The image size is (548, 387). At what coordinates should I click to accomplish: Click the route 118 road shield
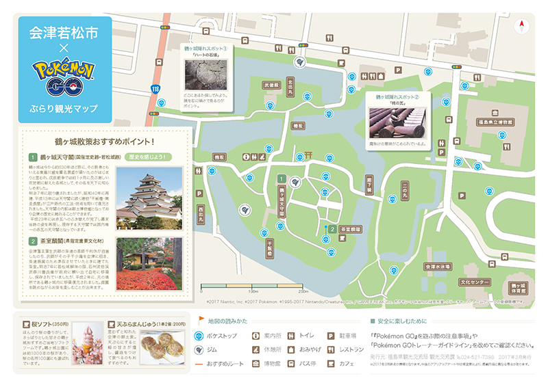point(157,89)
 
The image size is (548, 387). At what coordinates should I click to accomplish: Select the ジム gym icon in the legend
point(199,349)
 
